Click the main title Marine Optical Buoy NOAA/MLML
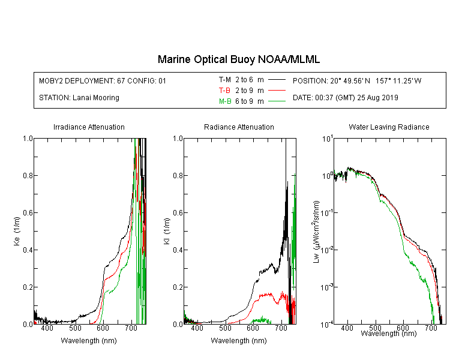point(238,59)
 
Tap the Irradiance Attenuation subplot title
point(89,127)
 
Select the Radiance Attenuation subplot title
point(239,127)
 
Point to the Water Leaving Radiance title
point(389,127)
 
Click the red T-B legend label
point(225,91)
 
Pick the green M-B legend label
point(225,101)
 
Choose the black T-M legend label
point(225,80)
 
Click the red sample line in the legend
point(277,91)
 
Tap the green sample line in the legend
point(277,101)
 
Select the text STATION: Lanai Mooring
point(79,98)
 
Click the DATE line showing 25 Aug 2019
point(345,98)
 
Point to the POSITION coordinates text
point(357,80)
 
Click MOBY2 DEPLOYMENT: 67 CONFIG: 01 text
point(103,80)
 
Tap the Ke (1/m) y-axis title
point(17,231)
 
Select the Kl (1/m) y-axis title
point(167,231)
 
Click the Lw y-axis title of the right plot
point(316,232)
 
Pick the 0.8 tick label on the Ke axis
point(28,175)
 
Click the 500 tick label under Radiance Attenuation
point(225,328)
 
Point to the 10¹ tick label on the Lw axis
point(328,139)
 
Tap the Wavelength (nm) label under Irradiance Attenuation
point(89,341)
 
